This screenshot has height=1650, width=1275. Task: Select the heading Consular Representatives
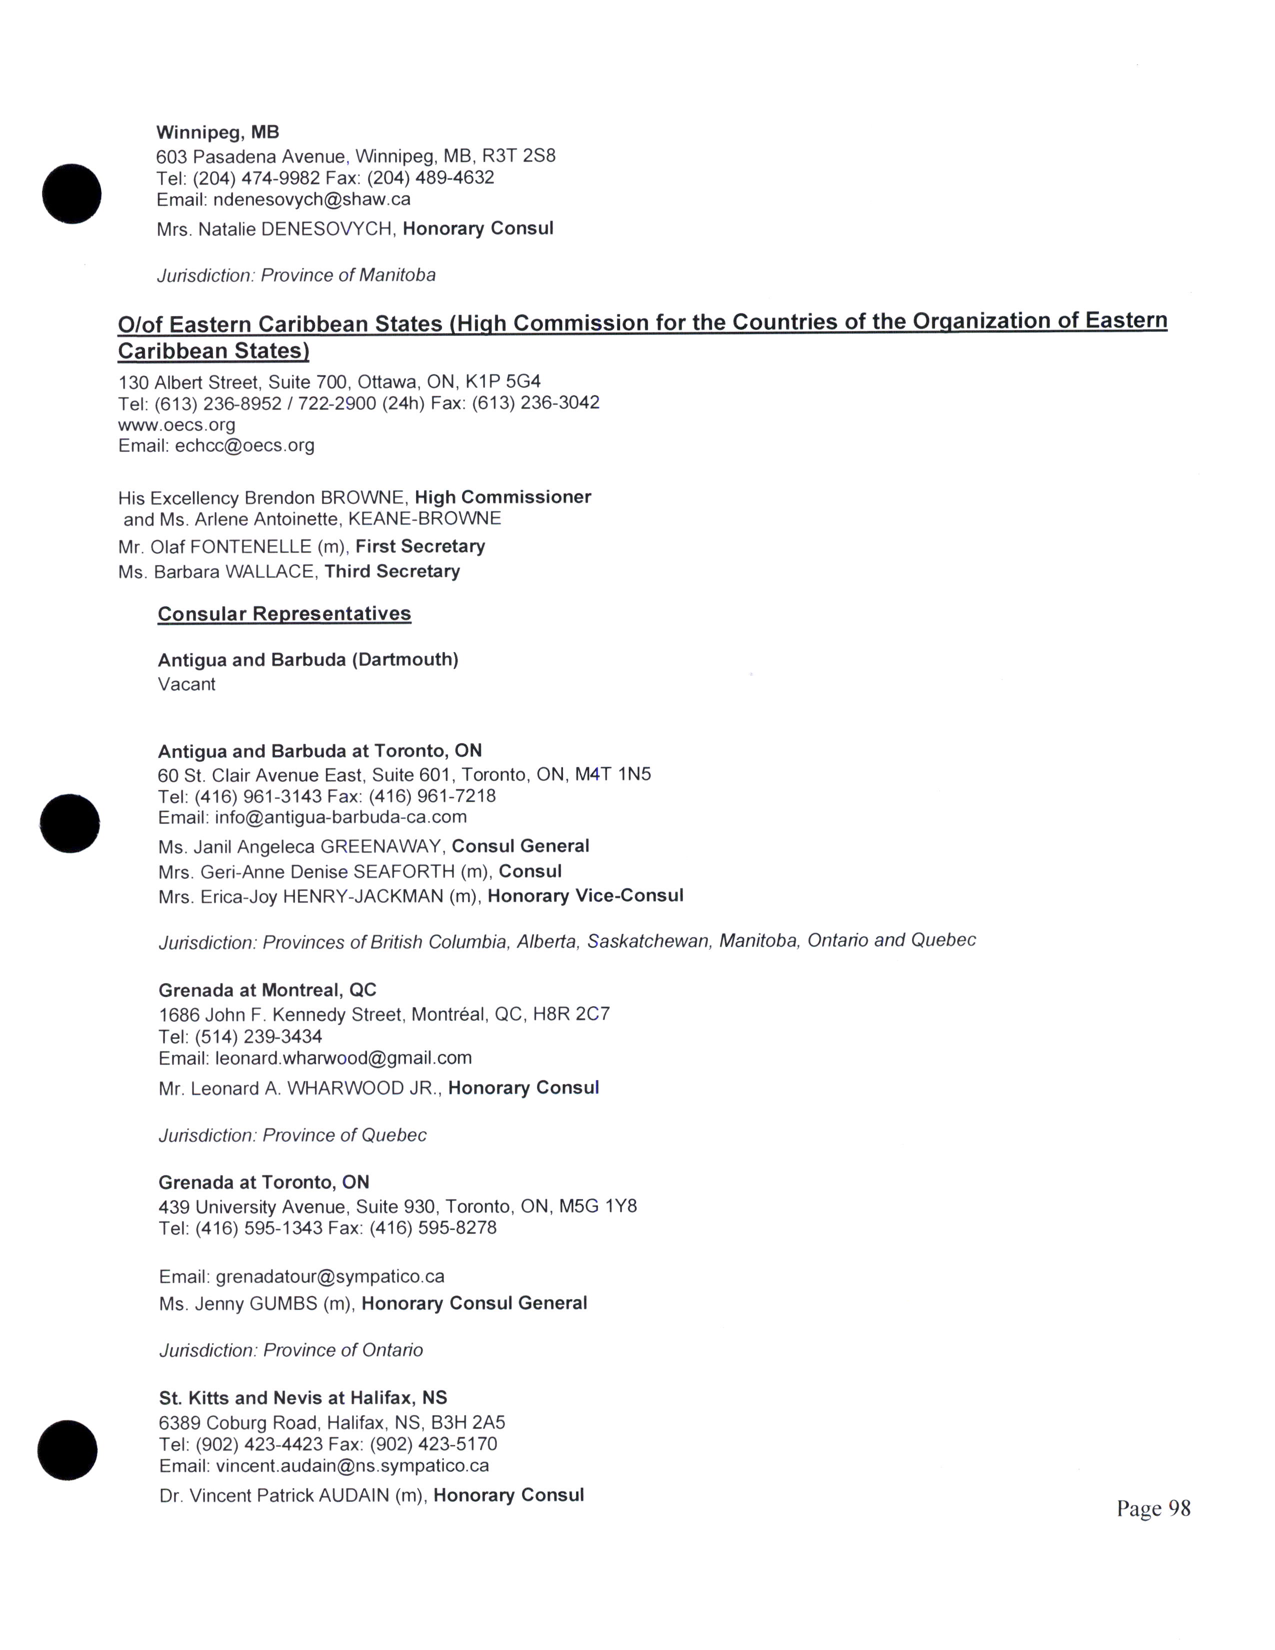click(284, 613)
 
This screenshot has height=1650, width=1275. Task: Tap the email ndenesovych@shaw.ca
click(312, 199)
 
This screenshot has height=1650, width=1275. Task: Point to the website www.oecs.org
click(176, 424)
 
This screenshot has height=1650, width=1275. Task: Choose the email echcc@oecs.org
click(244, 445)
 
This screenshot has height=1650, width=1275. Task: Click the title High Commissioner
click(502, 497)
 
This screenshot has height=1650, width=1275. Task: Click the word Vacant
click(186, 684)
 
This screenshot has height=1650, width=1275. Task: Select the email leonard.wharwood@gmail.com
click(343, 1057)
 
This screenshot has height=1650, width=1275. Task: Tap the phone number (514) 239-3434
click(258, 1036)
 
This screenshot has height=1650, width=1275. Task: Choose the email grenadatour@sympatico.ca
click(330, 1276)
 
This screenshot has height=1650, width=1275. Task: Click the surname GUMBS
click(282, 1303)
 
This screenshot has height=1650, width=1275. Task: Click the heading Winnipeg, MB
click(217, 132)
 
